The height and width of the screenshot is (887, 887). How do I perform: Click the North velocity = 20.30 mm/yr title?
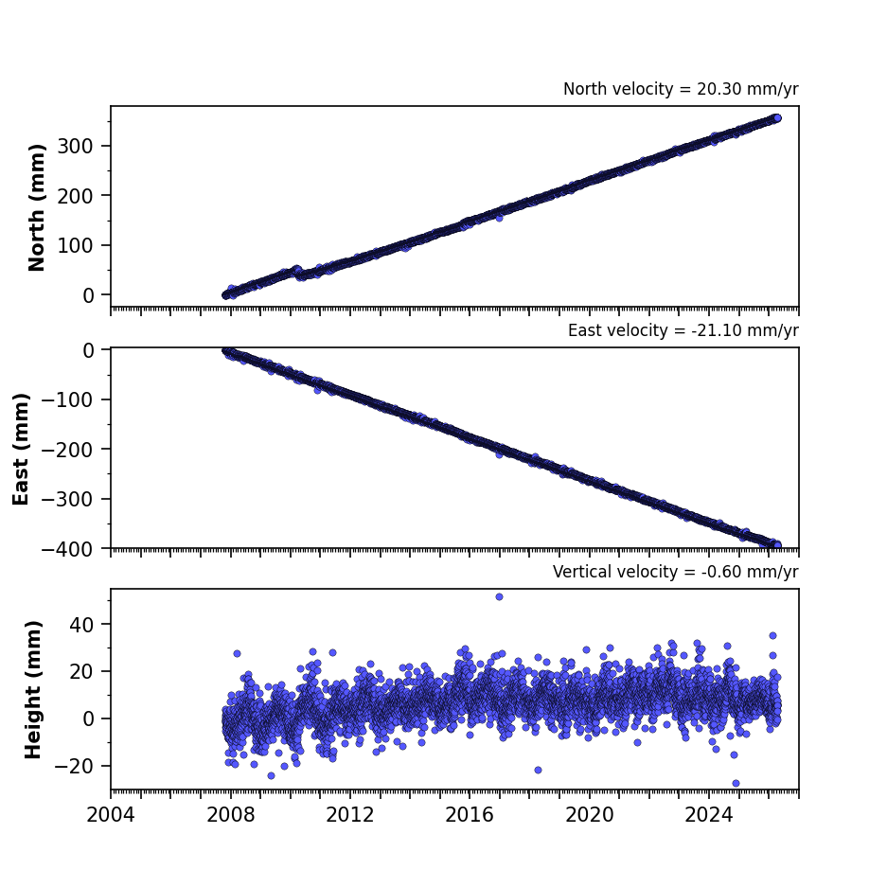[x=681, y=89]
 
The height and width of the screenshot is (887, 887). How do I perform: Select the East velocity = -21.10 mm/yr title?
[x=683, y=330]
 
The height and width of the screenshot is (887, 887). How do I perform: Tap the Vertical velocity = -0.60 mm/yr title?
[x=676, y=572]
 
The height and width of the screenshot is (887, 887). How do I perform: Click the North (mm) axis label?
[x=36, y=207]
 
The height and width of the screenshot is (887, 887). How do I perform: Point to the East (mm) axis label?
[x=21, y=449]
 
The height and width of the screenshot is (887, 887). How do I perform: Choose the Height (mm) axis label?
[x=33, y=689]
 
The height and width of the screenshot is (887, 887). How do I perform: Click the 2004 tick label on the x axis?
[x=111, y=815]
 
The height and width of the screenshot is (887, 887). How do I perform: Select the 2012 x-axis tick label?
[x=349, y=815]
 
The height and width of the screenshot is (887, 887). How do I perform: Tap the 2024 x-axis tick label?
[x=708, y=815]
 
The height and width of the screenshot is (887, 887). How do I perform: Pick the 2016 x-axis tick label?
[x=469, y=815]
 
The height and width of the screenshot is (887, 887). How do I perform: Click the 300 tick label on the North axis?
[x=75, y=146]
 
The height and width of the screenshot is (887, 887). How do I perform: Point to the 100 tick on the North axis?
[x=75, y=245]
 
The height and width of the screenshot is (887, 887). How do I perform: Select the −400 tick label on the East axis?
[x=67, y=549]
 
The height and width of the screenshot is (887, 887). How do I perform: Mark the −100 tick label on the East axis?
[x=67, y=399]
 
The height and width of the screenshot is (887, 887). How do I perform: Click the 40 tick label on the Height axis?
[x=80, y=624]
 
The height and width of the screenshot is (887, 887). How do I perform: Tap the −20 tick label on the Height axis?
[x=74, y=766]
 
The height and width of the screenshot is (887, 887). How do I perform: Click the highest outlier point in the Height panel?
[x=499, y=596]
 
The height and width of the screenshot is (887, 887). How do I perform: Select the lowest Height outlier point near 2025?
[x=736, y=784]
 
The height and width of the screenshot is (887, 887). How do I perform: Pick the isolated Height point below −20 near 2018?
[x=538, y=770]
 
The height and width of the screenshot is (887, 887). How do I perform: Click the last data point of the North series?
[x=777, y=118]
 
